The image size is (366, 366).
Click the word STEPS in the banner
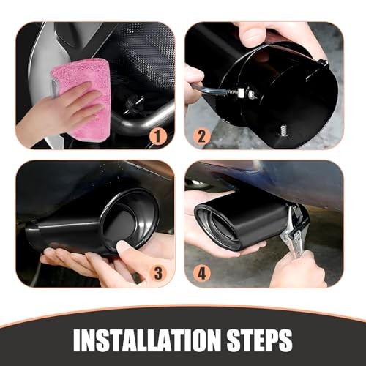pyautogui.click(x=257, y=340)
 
